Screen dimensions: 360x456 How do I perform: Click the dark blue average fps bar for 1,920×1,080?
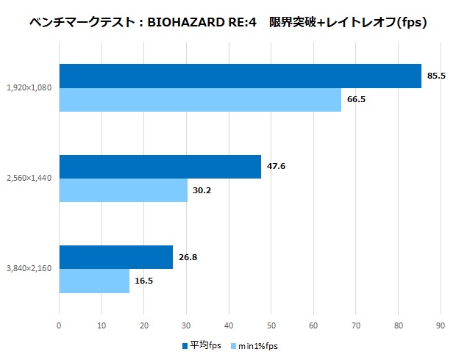click(x=240, y=76)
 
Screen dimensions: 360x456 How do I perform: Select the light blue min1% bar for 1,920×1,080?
click(x=200, y=99)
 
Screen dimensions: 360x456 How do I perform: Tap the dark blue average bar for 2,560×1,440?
click(x=160, y=167)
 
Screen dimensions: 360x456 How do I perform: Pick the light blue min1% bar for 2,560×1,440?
click(x=123, y=190)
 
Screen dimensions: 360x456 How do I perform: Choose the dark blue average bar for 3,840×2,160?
click(x=115, y=257)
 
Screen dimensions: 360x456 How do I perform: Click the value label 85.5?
click(x=437, y=76)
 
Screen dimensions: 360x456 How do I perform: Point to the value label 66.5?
click(x=356, y=99)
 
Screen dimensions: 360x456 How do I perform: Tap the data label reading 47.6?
click(x=276, y=167)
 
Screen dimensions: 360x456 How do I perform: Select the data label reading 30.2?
click(x=202, y=190)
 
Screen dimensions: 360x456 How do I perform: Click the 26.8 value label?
click(x=188, y=257)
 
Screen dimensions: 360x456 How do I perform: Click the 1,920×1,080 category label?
click(x=29, y=88)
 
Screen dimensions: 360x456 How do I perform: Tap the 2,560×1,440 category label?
click(x=29, y=179)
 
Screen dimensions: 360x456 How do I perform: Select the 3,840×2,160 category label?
click(x=29, y=269)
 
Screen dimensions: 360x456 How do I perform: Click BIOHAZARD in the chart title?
click(x=187, y=23)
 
